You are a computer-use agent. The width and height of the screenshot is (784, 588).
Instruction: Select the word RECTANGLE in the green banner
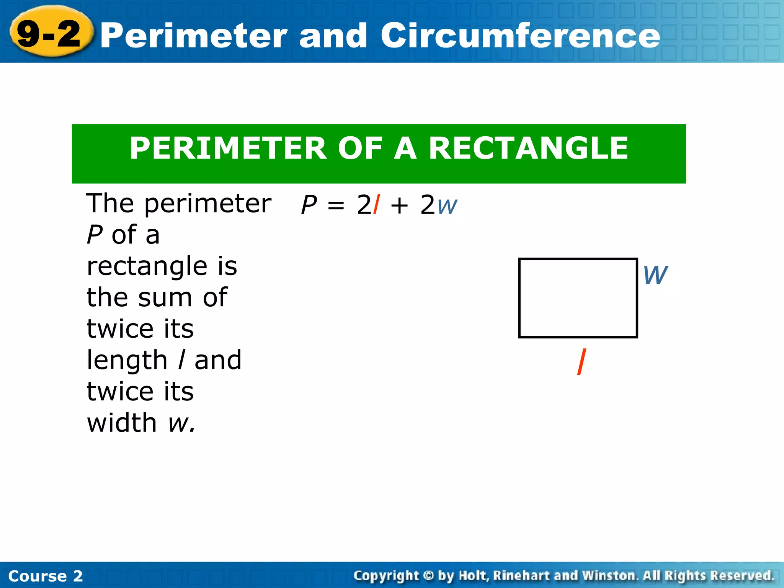click(528, 148)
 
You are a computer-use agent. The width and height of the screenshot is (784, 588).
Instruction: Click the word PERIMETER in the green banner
click(228, 148)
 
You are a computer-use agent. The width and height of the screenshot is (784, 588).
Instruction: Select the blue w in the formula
click(447, 207)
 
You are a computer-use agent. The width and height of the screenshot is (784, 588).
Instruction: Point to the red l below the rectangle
click(581, 362)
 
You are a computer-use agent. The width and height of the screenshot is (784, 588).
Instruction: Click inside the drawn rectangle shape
click(578, 298)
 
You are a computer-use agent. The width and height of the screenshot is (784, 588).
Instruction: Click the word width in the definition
click(122, 423)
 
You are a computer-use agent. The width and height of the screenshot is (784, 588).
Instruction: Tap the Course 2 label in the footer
click(46, 576)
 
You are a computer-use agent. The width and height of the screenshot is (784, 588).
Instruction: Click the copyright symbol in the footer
click(429, 575)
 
